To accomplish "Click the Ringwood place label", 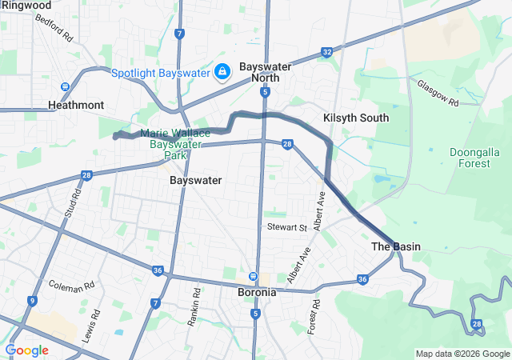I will [26, 5].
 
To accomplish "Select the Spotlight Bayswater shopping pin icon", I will [222, 72].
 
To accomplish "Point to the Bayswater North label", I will [266, 72].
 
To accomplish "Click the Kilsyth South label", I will [356, 118].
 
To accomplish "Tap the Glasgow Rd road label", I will [438, 93].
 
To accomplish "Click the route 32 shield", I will [326, 52].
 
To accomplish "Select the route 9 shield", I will [32, 301].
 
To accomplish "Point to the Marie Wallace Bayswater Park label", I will [168, 144].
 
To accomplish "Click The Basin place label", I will [396, 246].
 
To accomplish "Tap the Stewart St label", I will [287, 228].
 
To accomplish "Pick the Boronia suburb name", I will [258, 292].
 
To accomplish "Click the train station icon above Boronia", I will [254, 277].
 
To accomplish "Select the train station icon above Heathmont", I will [65, 87].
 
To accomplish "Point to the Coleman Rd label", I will [71, 285].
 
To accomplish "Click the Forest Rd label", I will [315, 316].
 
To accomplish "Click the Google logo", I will [26, 350].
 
